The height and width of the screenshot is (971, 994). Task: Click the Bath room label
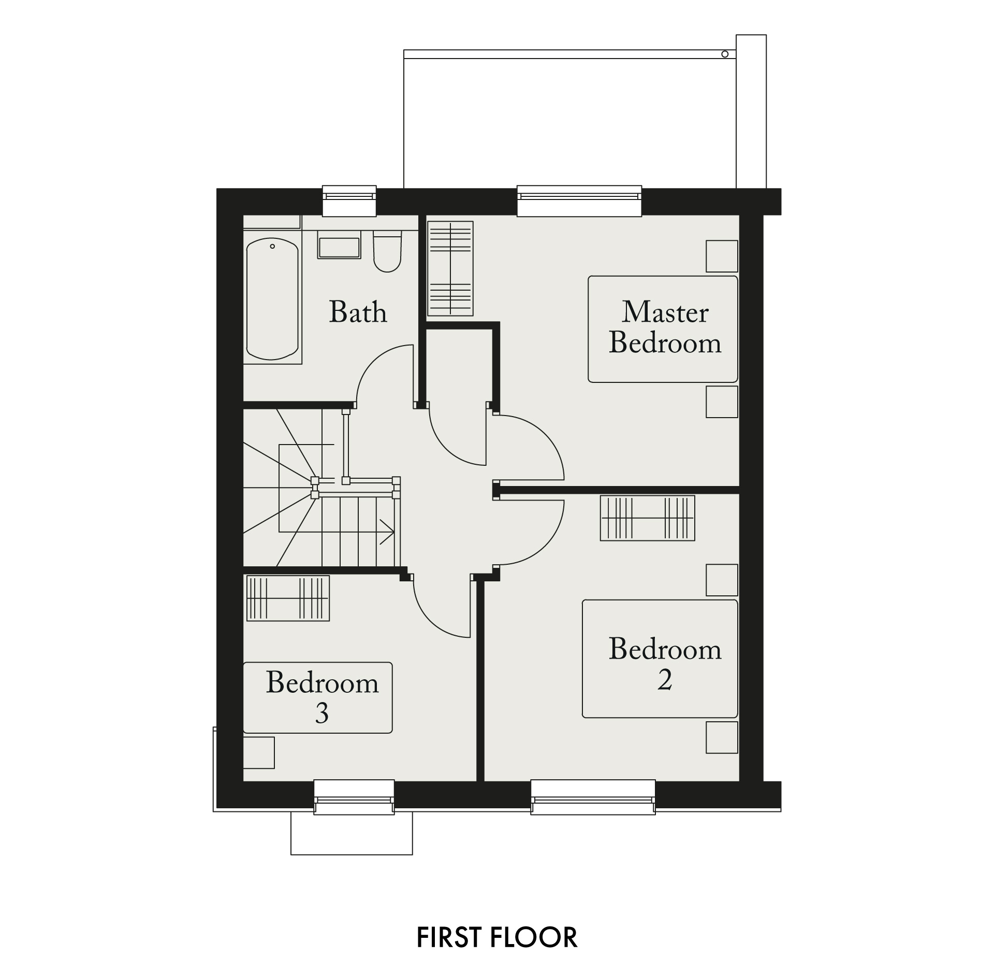(x=358, y=312)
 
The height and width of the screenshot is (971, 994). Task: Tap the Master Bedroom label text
(x=665, y=327)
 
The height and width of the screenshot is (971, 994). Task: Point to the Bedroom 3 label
(x=322, y=697)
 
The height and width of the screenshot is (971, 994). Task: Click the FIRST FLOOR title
(x=497, y=937)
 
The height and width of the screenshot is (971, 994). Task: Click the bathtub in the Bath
(x=272, y=299)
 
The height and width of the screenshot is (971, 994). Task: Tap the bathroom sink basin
(x=339, y=248)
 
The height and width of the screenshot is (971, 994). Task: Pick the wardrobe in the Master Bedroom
(x=450, y=268)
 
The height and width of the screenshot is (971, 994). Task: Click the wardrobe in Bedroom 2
(x=647, y=519)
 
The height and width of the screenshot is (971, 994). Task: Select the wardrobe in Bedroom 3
(x=288, y=598)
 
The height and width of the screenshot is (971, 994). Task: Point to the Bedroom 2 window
(x=593, y=797)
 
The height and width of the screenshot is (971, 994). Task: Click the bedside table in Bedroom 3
(x=258, y=753)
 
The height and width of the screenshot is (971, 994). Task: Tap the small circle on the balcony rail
(x=725, y=54)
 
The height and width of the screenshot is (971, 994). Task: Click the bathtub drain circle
(x=272, y=247)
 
